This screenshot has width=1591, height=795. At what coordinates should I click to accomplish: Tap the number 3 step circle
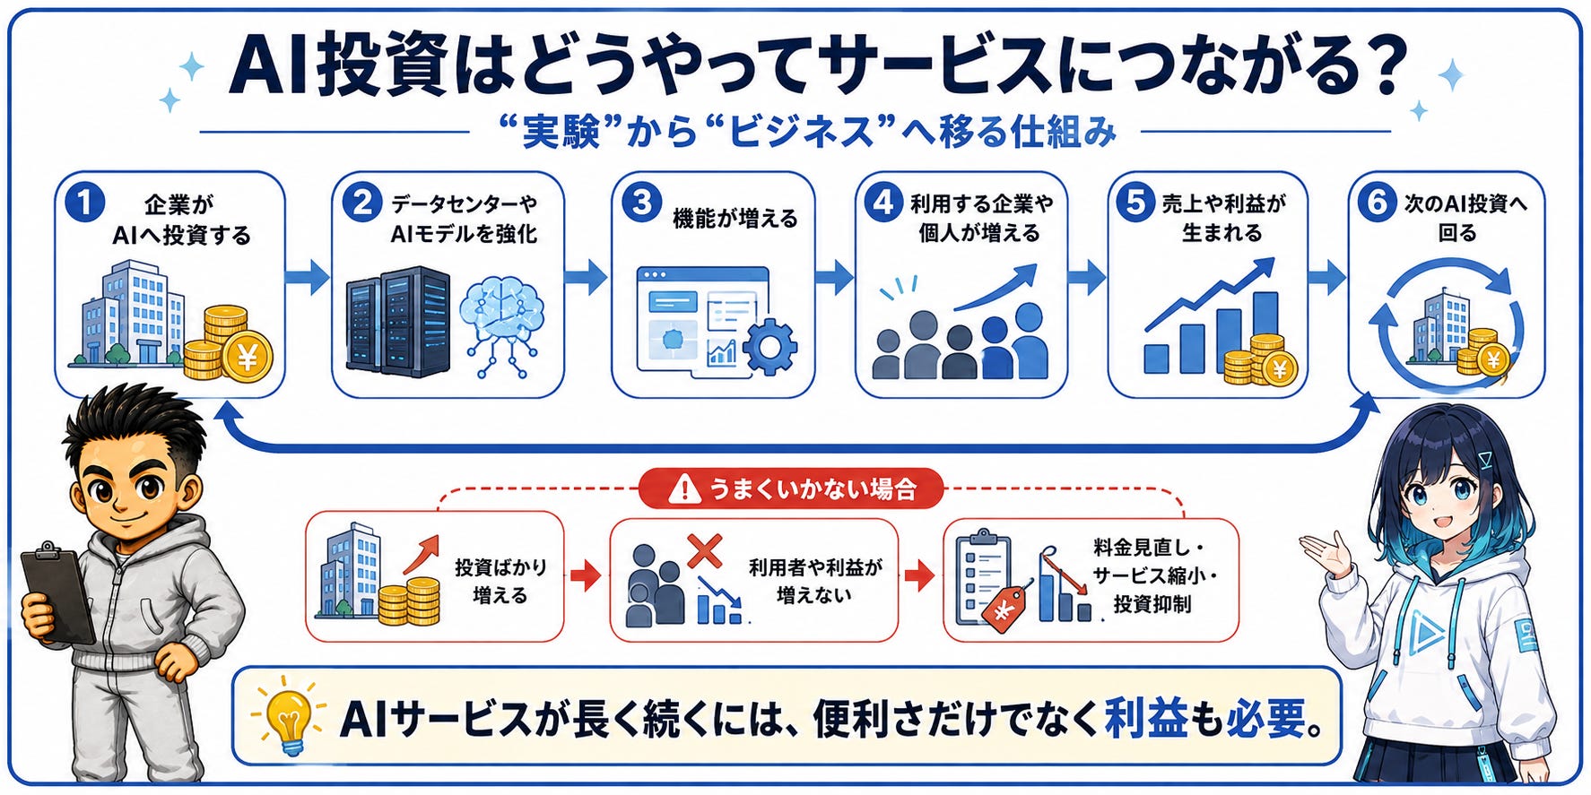click(x=642, y=203)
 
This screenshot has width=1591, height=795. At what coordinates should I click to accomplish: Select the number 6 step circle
click(x=1377, y=203)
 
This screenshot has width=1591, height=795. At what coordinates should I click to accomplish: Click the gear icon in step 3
click(x=769, y=346)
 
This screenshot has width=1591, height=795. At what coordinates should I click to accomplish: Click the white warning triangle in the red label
click(x=685, y=488)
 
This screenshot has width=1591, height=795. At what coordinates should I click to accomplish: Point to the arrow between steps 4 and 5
click(x=1087, y=277)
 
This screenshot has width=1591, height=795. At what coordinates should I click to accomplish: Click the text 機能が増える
click(x=735, y=218)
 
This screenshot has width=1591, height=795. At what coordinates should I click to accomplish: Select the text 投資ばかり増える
click(x=500, y=581)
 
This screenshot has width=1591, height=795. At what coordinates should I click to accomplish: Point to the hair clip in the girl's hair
click(x=1486, y=461)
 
